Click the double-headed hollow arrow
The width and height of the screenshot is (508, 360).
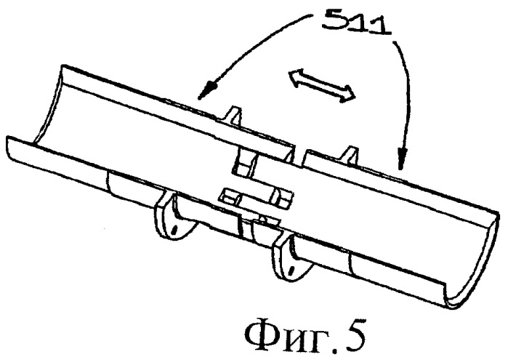pos(322,86)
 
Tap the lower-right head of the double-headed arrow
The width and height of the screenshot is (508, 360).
pos(348,95)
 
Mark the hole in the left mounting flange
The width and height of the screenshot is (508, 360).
pos(174,230)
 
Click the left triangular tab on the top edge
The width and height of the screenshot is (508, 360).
pos(234,116)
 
